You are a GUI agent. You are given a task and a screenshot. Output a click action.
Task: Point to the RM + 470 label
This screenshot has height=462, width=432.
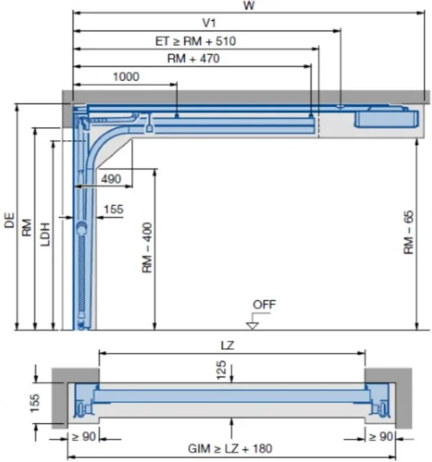(x=193, y=59)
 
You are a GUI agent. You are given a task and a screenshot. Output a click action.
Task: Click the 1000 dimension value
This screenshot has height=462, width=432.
(x=126, y=76)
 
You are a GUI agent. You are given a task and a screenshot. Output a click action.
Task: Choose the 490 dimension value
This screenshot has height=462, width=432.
(x=111, y=178)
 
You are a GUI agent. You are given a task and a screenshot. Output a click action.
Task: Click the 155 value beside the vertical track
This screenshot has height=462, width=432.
(x=114, y=209)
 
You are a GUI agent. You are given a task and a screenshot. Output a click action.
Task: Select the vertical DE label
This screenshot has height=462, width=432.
(x=9, y=220)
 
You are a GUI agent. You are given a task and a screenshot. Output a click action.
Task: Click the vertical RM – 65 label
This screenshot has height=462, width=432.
(x=408, y=232)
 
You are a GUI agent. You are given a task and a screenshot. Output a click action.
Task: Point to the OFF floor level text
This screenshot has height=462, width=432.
(x=264, y=304)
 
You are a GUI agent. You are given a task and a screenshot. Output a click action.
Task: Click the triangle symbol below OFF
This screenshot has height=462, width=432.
(x=252, y=324)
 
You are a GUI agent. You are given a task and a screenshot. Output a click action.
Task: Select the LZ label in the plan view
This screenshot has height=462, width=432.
(x=232, y=345)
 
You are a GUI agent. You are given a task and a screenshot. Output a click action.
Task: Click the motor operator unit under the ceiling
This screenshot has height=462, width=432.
(x=385, y=117)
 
